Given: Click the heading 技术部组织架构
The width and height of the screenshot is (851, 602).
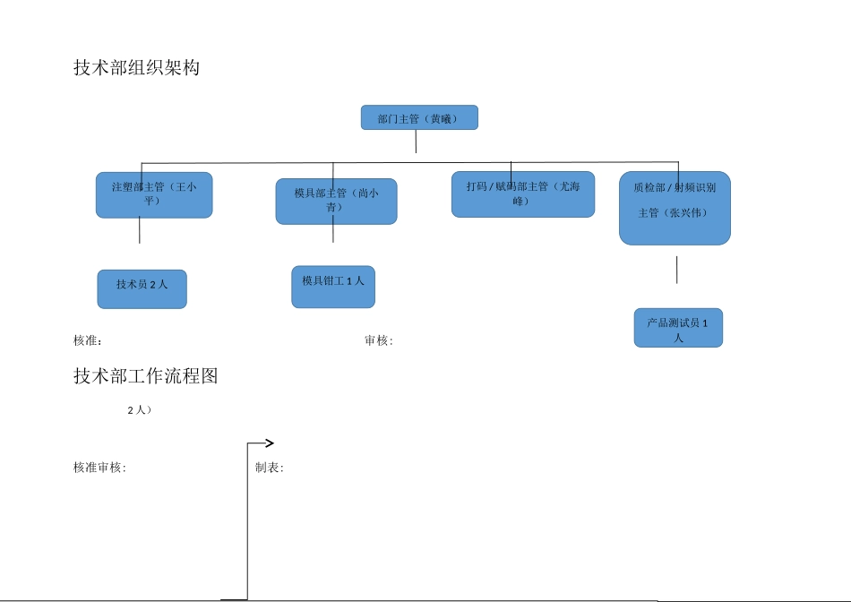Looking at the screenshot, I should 136,68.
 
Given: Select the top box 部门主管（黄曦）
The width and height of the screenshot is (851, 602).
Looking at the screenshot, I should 419,117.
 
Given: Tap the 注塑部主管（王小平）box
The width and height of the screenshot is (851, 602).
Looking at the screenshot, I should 154,194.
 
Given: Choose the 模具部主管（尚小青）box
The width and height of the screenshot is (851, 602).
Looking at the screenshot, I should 336,201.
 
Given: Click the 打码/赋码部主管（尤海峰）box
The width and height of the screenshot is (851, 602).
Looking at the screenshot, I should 522,193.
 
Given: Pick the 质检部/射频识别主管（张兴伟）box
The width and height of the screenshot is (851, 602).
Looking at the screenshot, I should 675,208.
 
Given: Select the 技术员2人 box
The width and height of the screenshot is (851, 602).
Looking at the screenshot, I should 142,288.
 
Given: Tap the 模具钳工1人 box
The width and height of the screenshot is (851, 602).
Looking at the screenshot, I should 333,286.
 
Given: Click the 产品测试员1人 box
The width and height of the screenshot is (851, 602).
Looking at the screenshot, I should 678,328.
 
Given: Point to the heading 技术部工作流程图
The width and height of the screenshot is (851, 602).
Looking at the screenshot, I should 145,376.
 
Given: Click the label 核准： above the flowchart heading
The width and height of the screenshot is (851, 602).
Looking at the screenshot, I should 88,340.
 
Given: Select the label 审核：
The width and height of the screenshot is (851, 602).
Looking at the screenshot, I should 378,340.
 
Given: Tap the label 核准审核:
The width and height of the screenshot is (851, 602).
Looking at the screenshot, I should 99,468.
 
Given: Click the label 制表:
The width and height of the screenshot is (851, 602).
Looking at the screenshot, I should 269,468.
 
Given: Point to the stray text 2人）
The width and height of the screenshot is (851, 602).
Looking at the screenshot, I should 139,409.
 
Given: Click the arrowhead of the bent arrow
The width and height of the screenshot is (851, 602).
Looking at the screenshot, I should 270,443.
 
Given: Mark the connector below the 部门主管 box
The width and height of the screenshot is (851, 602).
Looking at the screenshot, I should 416,142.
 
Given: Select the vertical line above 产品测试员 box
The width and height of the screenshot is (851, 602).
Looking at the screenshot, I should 676,270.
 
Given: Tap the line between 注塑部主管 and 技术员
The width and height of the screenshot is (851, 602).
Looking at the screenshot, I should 140,230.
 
